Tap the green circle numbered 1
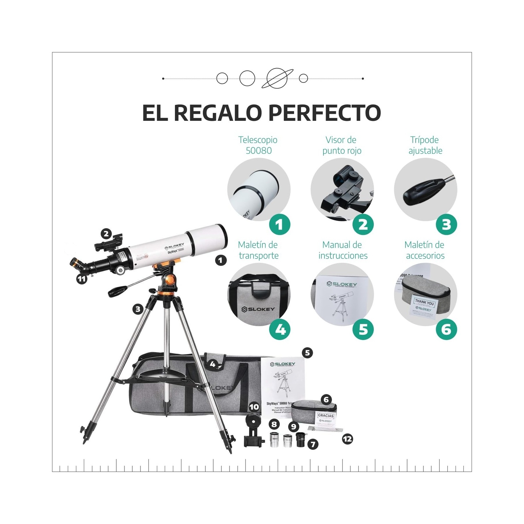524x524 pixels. [x=279, y=224]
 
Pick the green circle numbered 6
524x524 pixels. [x=446, y=329]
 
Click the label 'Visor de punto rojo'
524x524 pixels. [x=342, y=145]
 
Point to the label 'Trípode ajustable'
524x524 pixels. [x=425, y=145]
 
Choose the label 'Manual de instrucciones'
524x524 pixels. [x=343, y=250]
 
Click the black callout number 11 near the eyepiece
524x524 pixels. [x=82, y=279]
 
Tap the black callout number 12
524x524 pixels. [x=347, y=439]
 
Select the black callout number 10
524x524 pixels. [x=254, y=407]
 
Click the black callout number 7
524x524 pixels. [x=313, y=444]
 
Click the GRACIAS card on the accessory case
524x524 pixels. [x=326, y=416]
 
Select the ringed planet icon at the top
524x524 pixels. [x=277, y=79]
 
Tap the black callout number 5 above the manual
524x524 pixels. [x=307, y=353]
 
